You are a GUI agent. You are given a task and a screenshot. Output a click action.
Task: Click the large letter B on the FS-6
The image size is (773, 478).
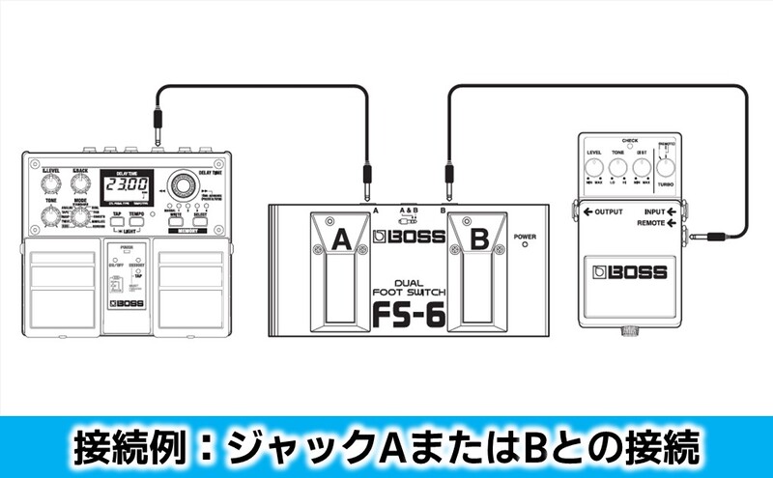(478, 239)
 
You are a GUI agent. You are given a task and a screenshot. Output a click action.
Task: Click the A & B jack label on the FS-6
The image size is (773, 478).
(408, 209)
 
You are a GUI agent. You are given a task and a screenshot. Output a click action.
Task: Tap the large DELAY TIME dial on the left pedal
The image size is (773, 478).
(180, 186)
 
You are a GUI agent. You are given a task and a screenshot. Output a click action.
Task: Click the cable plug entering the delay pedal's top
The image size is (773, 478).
(157, 127)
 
